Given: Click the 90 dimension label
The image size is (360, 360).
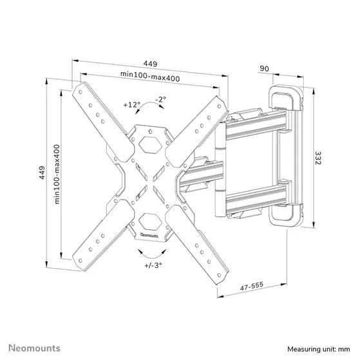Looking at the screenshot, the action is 264,68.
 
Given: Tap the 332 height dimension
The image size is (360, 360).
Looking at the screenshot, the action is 317,158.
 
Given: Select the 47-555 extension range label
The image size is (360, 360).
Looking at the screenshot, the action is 252,286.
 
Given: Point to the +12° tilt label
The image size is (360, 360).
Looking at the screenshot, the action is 132,105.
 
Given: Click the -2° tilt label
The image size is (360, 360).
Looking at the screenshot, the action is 160,99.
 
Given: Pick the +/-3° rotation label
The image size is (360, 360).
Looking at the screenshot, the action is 153,265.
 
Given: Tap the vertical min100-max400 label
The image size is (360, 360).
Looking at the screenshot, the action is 57,174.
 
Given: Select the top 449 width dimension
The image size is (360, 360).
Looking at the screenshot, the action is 151,64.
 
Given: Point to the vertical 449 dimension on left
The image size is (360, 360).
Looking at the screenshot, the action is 42,173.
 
